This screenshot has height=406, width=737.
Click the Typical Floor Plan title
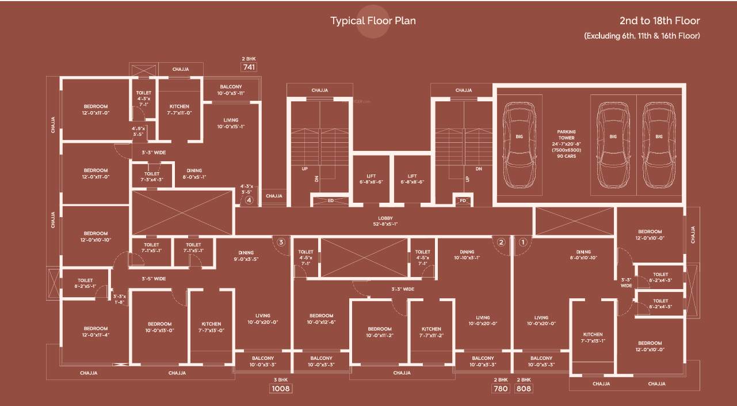[373, 21]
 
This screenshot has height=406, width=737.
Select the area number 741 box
[249, 67]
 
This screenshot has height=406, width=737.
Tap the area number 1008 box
[281, 389]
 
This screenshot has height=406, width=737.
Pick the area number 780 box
[501, 389]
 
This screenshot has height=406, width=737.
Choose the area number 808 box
[524, 389]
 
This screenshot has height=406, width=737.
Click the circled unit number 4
[249, 200]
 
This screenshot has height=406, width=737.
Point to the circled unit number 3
[281, 242]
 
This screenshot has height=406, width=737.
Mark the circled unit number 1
[522, 242]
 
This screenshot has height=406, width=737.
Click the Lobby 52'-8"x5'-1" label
[385, 221]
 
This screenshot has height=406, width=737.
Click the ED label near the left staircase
[331, 201]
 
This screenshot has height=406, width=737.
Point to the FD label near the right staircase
[462, 201]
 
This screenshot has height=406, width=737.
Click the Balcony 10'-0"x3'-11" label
[231, 90]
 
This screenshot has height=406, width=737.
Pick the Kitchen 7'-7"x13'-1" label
[593, 337]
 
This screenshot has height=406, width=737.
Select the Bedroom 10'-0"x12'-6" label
[321, 319]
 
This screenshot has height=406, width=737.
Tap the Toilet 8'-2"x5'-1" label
[83, 283]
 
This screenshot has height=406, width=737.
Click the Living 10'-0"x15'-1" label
[231, 123]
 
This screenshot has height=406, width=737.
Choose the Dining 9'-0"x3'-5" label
[246, 256]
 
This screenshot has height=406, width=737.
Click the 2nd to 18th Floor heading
[659, 21]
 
